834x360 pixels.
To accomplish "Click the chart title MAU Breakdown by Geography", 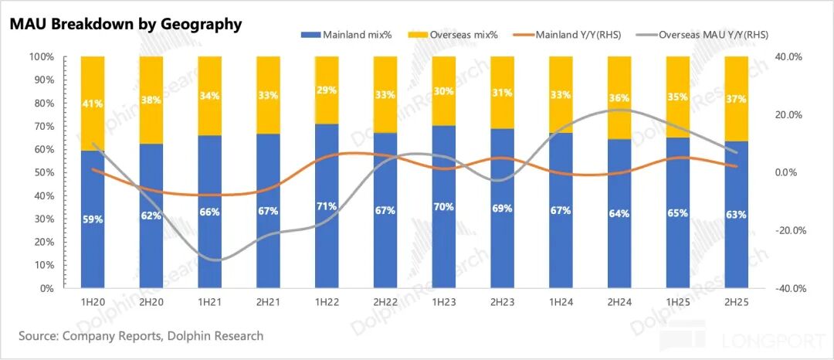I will [126, 24].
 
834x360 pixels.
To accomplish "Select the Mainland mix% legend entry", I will [355, 35].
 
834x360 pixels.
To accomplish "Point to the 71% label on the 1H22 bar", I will [327, 206].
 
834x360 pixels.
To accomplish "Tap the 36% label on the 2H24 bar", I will [619, 98].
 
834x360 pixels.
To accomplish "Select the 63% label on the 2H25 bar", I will [737, 214].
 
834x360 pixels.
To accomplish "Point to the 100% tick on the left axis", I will [41, 57].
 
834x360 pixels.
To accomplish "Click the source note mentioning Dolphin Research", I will [141, 336].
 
